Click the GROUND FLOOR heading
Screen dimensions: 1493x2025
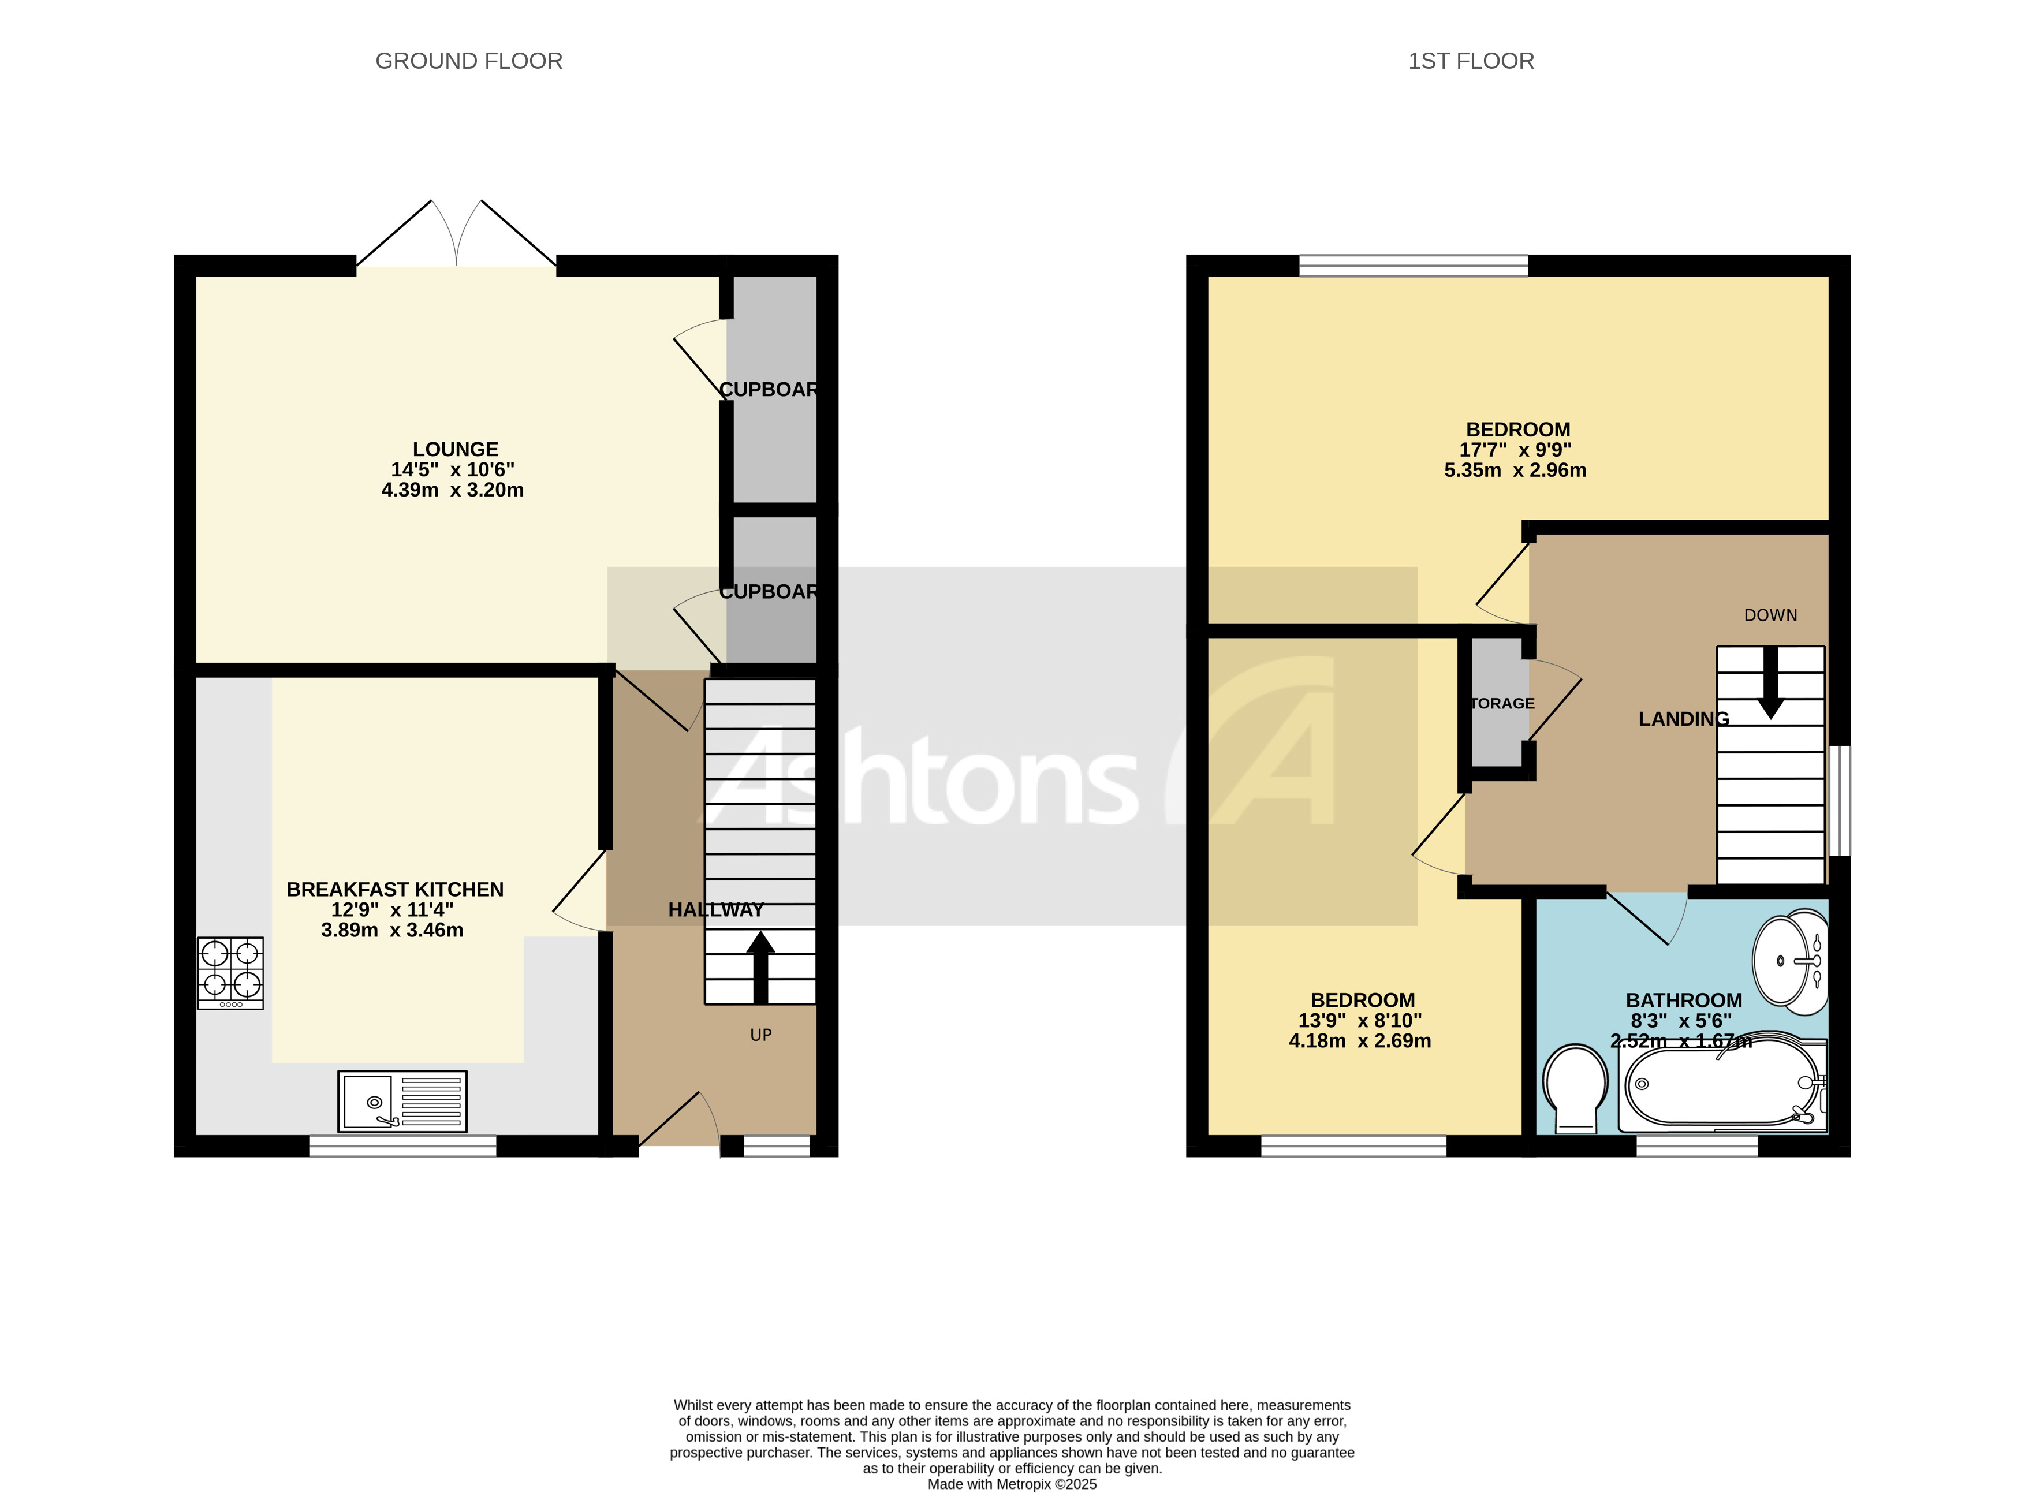(x=468, y=61)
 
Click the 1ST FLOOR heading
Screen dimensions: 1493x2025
(x=1470, y=61)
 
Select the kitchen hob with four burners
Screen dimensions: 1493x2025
(x=230, y=972)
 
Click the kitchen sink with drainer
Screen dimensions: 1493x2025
(x=402, y=1101)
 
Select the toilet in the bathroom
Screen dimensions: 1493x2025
(x=1575, y=1087)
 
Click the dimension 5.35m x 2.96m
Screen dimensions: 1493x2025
(x=1515, y=470)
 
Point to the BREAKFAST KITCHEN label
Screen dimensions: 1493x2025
(x=395, y=889)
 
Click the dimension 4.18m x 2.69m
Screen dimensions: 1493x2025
(x=1359, y=1040)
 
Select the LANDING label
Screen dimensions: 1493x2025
(x=1683, y=719)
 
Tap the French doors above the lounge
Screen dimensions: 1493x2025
(x=456, y=237)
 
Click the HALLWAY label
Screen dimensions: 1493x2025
(x=715, y=910)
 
